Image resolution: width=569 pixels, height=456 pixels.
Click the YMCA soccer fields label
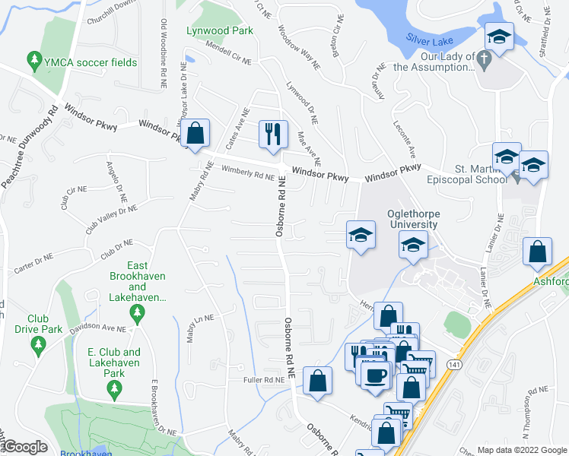pyautogui.click(x=91, y=62)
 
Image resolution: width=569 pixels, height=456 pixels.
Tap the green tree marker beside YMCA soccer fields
pyautogui.click(x=33, y=59)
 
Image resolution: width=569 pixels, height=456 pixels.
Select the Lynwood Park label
pyautogui.click(x=220, y=31)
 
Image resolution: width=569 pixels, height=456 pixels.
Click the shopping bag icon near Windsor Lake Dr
pyautogui.click(x=196, y=133)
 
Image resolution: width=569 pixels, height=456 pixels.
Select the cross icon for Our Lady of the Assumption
pyautogui.click(x=484, y=59)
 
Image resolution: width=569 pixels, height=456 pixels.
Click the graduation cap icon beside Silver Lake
pyautogui.click(x=499, y=36)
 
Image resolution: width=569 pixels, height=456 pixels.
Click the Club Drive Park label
pyautogui.click(x=38, y=324)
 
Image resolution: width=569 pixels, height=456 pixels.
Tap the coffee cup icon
pyautogui.click(x=374, y=375)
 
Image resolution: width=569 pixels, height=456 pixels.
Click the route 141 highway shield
pyautogui.click(x=453, y=345)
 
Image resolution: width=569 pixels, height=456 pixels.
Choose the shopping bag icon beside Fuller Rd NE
pyautogui.click(x=317, y=380)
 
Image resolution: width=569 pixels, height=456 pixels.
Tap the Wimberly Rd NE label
pyautogui.click(x=247, y=176)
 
